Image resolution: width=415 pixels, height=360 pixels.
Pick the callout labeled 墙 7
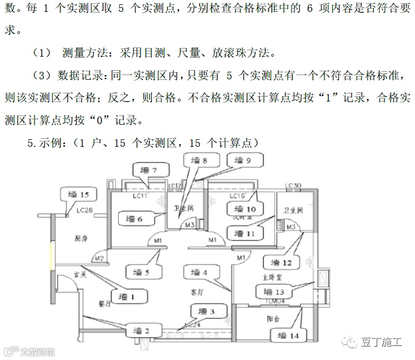click(x=149, y=171)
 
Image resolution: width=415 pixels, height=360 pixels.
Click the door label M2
click(x=99, y=258)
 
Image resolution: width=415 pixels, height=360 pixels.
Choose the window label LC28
click(x=85, y=210)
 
